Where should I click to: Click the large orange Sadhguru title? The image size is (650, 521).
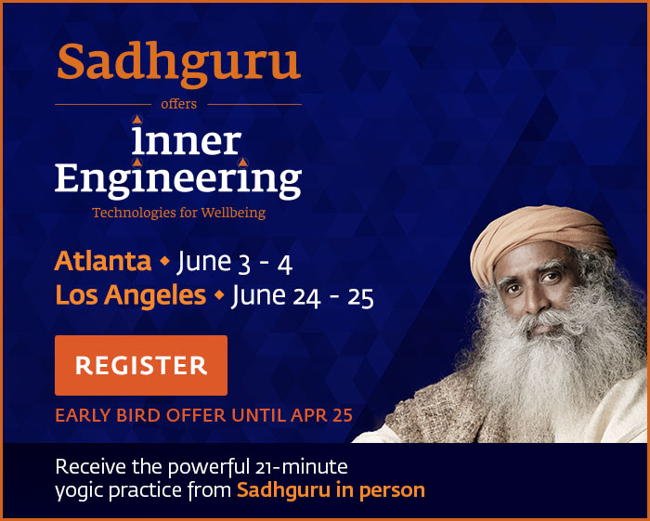[178, 62]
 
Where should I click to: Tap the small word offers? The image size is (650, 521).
[178, 104]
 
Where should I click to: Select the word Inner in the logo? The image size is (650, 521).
[186, 141]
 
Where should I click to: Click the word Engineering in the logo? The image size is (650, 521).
[178, 178]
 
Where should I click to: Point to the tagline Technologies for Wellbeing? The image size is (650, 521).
[178, 213]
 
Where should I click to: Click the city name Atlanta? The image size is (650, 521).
[102, 262]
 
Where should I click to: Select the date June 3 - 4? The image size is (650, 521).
[234, 263]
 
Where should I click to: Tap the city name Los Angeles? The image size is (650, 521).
[130, 296]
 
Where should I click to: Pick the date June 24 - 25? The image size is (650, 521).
[302, 297]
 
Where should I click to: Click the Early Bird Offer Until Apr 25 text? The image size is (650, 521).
[203, 415]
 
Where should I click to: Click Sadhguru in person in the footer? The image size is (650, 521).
[331, 489]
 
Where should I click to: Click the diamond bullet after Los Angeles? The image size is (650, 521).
[219, 297]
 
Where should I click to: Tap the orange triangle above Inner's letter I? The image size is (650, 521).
[137, 119]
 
